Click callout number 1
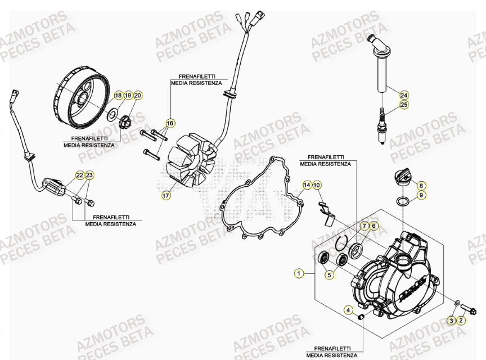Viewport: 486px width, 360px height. tap(298, 274)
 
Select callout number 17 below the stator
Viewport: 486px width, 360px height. tap(166, 196)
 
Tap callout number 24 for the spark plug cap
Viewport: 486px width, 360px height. tap(403, 94)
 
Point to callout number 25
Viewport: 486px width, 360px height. tap(403, 105)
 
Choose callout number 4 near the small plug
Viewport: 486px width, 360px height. tap(349, 310)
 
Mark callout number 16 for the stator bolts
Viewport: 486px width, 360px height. tap(169, 123)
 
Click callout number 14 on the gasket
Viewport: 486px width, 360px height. tap(307, 185)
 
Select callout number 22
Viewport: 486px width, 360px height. tap(80, 175)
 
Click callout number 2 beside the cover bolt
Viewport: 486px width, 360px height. tap(461, 321)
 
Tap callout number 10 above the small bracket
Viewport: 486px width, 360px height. tap(317, 185)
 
